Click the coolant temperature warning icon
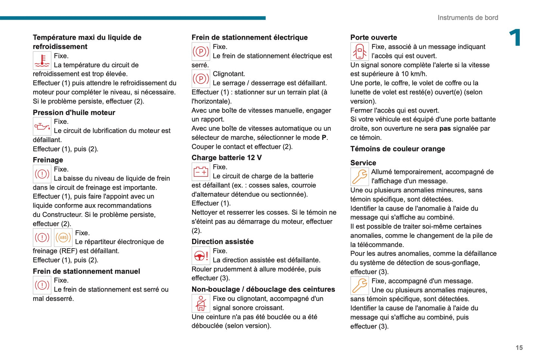[42, 61]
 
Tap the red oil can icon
[42, 126]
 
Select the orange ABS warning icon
[63, 237]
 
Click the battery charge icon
[201, 172]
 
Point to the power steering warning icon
[201, 256]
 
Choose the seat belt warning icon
[201, 303]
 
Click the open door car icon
[360, 51]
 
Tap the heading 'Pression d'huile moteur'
[74, 113]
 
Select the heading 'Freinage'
[48, 160]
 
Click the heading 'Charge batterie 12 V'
[226, 157]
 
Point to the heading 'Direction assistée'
[222, 241]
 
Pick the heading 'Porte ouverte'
[373, 37]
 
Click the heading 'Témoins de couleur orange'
[398, 149]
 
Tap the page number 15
[519, 348]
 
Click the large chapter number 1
[515, 38]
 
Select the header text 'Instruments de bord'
[468, 18]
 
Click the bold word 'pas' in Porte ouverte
[445, 129]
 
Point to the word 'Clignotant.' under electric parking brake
[229, 74]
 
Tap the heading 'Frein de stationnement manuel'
[86, 271]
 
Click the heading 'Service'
[363, 163]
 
